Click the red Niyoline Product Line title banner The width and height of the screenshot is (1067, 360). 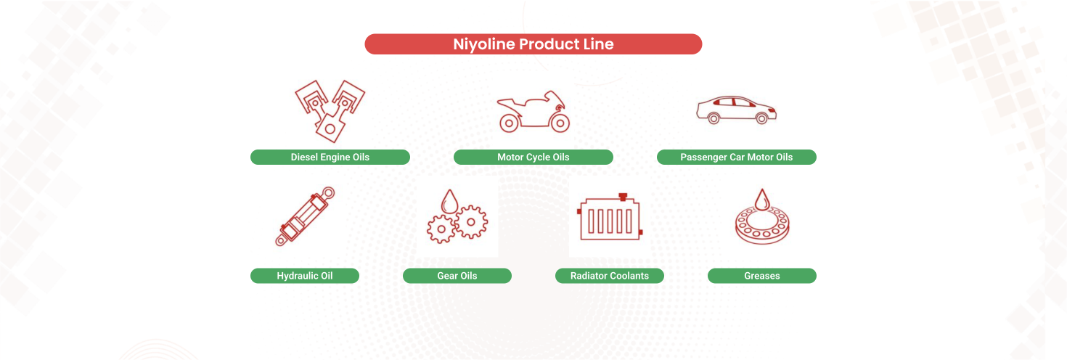pyautogui.click(x=533, y=44)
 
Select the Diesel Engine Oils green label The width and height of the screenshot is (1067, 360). pyautogui.click(x=330, y=157)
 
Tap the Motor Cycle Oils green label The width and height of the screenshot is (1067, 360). pyautogui.click(x=533, y=157)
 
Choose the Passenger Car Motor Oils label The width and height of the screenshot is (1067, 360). pyautogui.click(x=736, y=157)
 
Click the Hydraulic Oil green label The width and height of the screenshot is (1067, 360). pyautogui.click(x=304, y=276)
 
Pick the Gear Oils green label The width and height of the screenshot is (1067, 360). pyautogui.click(x=457, y=276)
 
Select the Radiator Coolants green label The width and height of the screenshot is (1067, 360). pyautogui.click(x=609, y=276)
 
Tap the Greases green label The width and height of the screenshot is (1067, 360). pyautogui.click(x=761, y=276)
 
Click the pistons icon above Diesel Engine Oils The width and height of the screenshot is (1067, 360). pyautogui.click(x=330, y=110)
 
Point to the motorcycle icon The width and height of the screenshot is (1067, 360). pyautogui.click(x=533, y=112)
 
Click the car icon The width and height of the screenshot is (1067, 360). pyautogui.click(x=736, y=110)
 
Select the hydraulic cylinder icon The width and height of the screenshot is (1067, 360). pyautogui.click(x=305, y=216)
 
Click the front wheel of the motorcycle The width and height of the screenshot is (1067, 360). pyautogui.click(x=560, y=123)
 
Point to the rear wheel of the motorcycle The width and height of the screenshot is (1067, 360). pyautogui.click(x=508, y=123)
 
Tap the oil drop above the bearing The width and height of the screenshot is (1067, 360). pyautogui.click(x=761, y=198)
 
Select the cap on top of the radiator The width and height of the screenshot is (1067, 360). pyautogui.click(x=621, y=197)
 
